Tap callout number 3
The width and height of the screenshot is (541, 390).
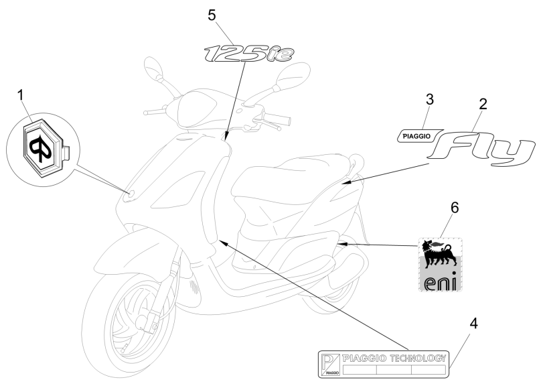tap(430, 99)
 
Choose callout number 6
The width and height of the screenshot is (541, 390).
tap(455, 208)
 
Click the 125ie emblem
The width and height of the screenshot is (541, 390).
tap(247, 53)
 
